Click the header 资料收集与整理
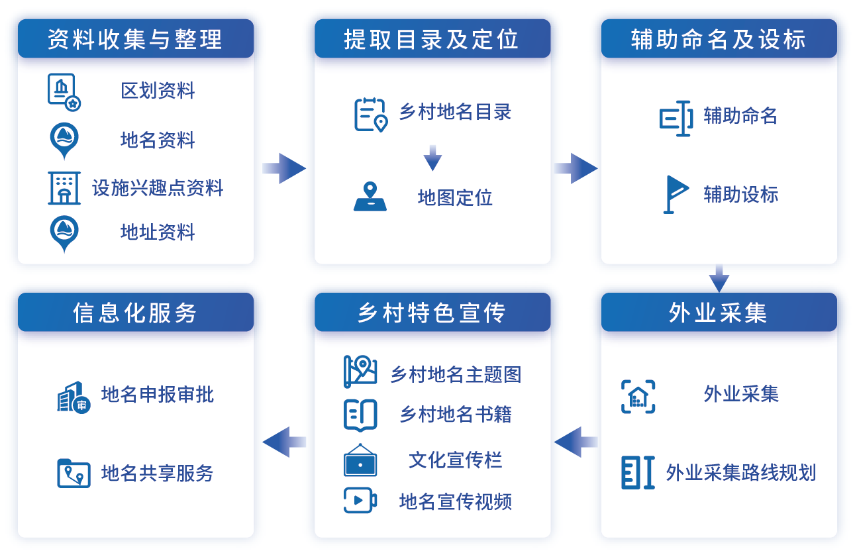click(x=135, y=39)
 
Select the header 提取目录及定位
click(x=432, y=39)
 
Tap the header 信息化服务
click(x=135, y=313)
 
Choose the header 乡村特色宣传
click(x=432, y=313)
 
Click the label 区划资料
click(x=158, y=91)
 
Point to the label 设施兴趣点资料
click(x=158, y=188)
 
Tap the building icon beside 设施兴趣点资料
click(x=64, y=188)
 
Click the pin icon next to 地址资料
click(x=64, y=234)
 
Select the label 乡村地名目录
click(x=455, y=112)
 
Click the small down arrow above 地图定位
click(x=432, y=158)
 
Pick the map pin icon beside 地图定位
click(x=370, y=197)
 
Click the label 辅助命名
click(x=740, y=117)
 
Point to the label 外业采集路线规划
click(x=740, y=473)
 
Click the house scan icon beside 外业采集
click(x=638, y=397)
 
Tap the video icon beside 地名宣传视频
click(x=360, y=500)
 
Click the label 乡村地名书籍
click(x=455, y=415)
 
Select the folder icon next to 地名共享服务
click(x=74, y=473)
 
